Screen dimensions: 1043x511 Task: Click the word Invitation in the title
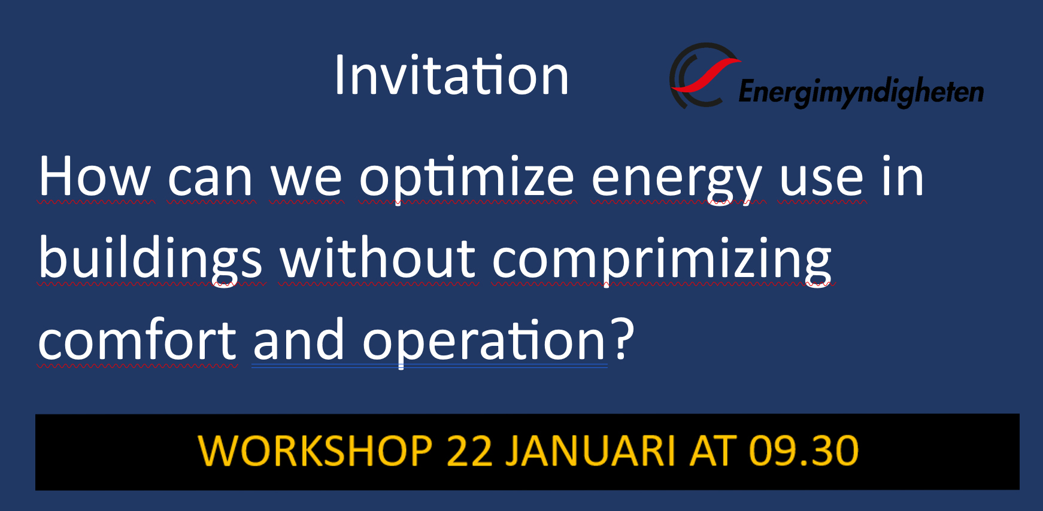click(451, 75)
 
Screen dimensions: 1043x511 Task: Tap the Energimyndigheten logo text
click(861, 92)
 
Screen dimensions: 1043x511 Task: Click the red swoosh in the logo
click(706, 75)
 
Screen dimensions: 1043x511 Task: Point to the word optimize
click(467, 180)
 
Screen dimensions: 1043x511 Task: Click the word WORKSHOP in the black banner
click(315, 451)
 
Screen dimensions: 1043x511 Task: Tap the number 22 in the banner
click(469, 451)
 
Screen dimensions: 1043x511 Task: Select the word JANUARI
click(590, 451)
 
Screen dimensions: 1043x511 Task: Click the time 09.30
click(804, 451)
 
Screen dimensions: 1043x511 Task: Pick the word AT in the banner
click(713, 451)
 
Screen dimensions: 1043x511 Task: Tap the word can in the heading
click(210, 180)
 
